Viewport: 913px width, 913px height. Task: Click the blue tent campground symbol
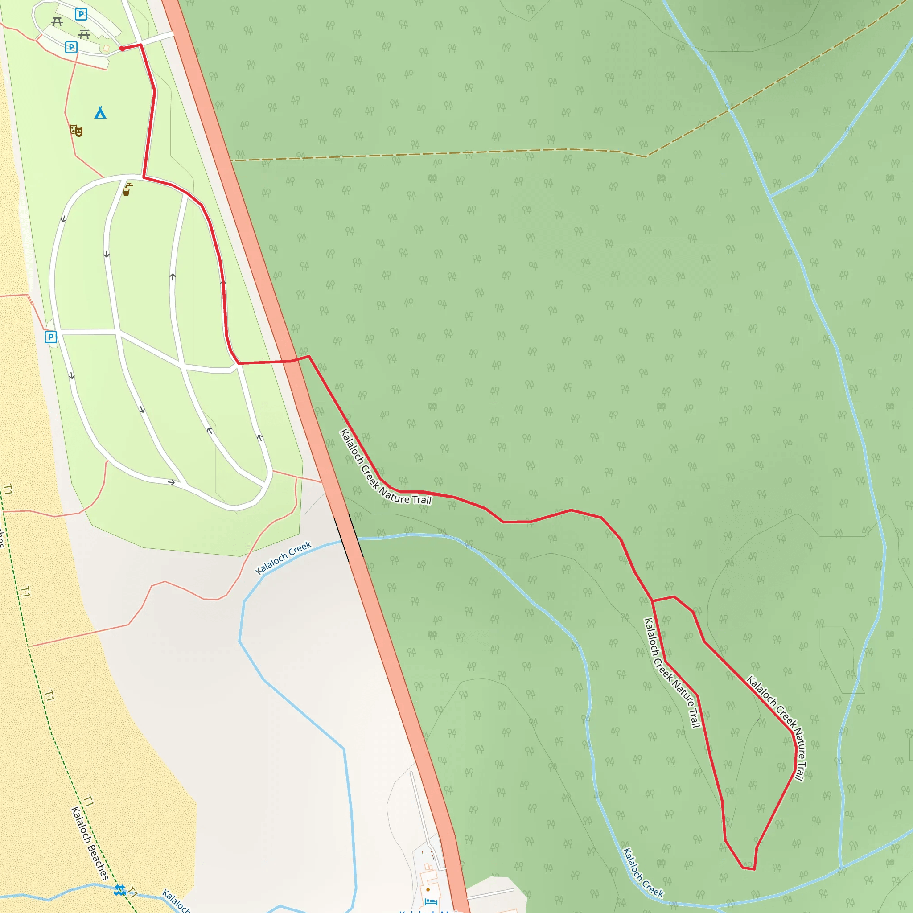(100, 112)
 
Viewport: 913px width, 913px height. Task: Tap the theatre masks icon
(76, 130)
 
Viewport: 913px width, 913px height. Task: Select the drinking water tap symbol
(127, 189)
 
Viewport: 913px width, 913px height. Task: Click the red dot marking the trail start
(122, 48)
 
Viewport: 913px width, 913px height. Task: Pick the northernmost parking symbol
(81, 15)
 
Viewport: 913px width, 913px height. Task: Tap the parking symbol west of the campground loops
(50, 337)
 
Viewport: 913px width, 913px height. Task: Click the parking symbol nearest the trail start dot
(71, 47)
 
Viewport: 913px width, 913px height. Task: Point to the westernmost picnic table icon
(57, 22)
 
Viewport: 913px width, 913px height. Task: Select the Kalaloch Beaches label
(90, 843)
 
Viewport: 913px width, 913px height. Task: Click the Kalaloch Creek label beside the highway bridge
(283, 558)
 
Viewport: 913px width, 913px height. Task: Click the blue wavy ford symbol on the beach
(119, 890)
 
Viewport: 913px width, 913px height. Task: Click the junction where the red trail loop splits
(652, 600)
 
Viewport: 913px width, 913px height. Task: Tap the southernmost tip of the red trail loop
(749, 868)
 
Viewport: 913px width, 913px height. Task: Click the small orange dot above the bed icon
(428, 889)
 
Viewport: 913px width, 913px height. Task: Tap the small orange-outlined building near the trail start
(107, 48)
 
